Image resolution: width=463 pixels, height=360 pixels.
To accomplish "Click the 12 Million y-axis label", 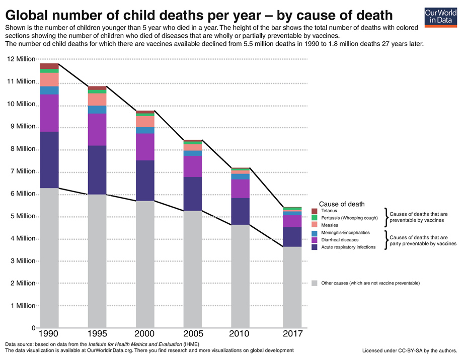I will [x=21, y=59].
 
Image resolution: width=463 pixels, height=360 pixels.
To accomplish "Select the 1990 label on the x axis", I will [x=50, y=334].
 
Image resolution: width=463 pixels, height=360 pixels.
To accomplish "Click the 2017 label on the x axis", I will [x=292, y=334].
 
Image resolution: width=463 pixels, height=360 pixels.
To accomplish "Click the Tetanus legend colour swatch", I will [x=315, y=211].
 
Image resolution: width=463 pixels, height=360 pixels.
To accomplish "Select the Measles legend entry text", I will [x=331, y=225].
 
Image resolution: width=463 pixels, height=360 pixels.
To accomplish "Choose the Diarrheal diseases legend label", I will [x=340, y=240].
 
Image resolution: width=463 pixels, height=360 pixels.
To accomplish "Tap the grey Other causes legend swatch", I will [x=315, y=283].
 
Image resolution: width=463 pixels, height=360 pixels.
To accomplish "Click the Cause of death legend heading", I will [x=342, y=204].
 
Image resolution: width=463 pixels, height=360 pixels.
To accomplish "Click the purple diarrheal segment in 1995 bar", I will [x=97, y=130].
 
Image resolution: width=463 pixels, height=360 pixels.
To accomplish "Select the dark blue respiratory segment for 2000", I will [x=144, y=181].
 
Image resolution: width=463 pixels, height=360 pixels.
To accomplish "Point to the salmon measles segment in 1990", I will [x=50, y=79].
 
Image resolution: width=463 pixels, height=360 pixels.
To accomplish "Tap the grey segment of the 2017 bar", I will [x=292, y=287].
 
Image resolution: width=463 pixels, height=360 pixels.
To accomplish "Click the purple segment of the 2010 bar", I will [x=240, y=189].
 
